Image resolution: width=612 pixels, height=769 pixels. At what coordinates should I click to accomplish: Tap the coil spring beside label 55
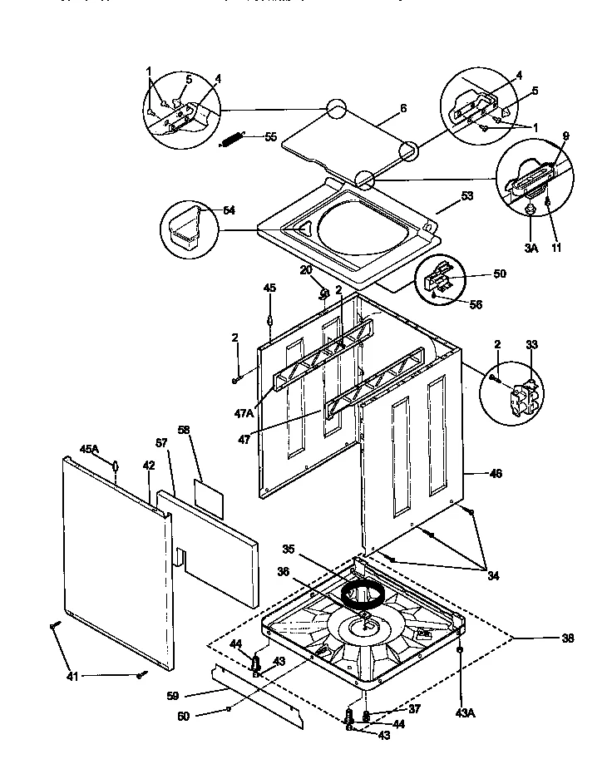[x=232, y=139]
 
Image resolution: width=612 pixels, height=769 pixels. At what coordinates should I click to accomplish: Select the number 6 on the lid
[x=402, y=108]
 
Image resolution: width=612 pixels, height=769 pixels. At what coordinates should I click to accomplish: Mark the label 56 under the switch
[x=476, y=304]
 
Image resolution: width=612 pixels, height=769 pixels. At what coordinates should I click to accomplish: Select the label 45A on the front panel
[x=89, y=449]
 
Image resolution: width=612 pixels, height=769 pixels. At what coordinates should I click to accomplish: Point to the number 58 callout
[x=185, y=429]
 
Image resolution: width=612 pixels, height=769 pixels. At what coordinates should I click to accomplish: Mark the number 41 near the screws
[x=73, y=676]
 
